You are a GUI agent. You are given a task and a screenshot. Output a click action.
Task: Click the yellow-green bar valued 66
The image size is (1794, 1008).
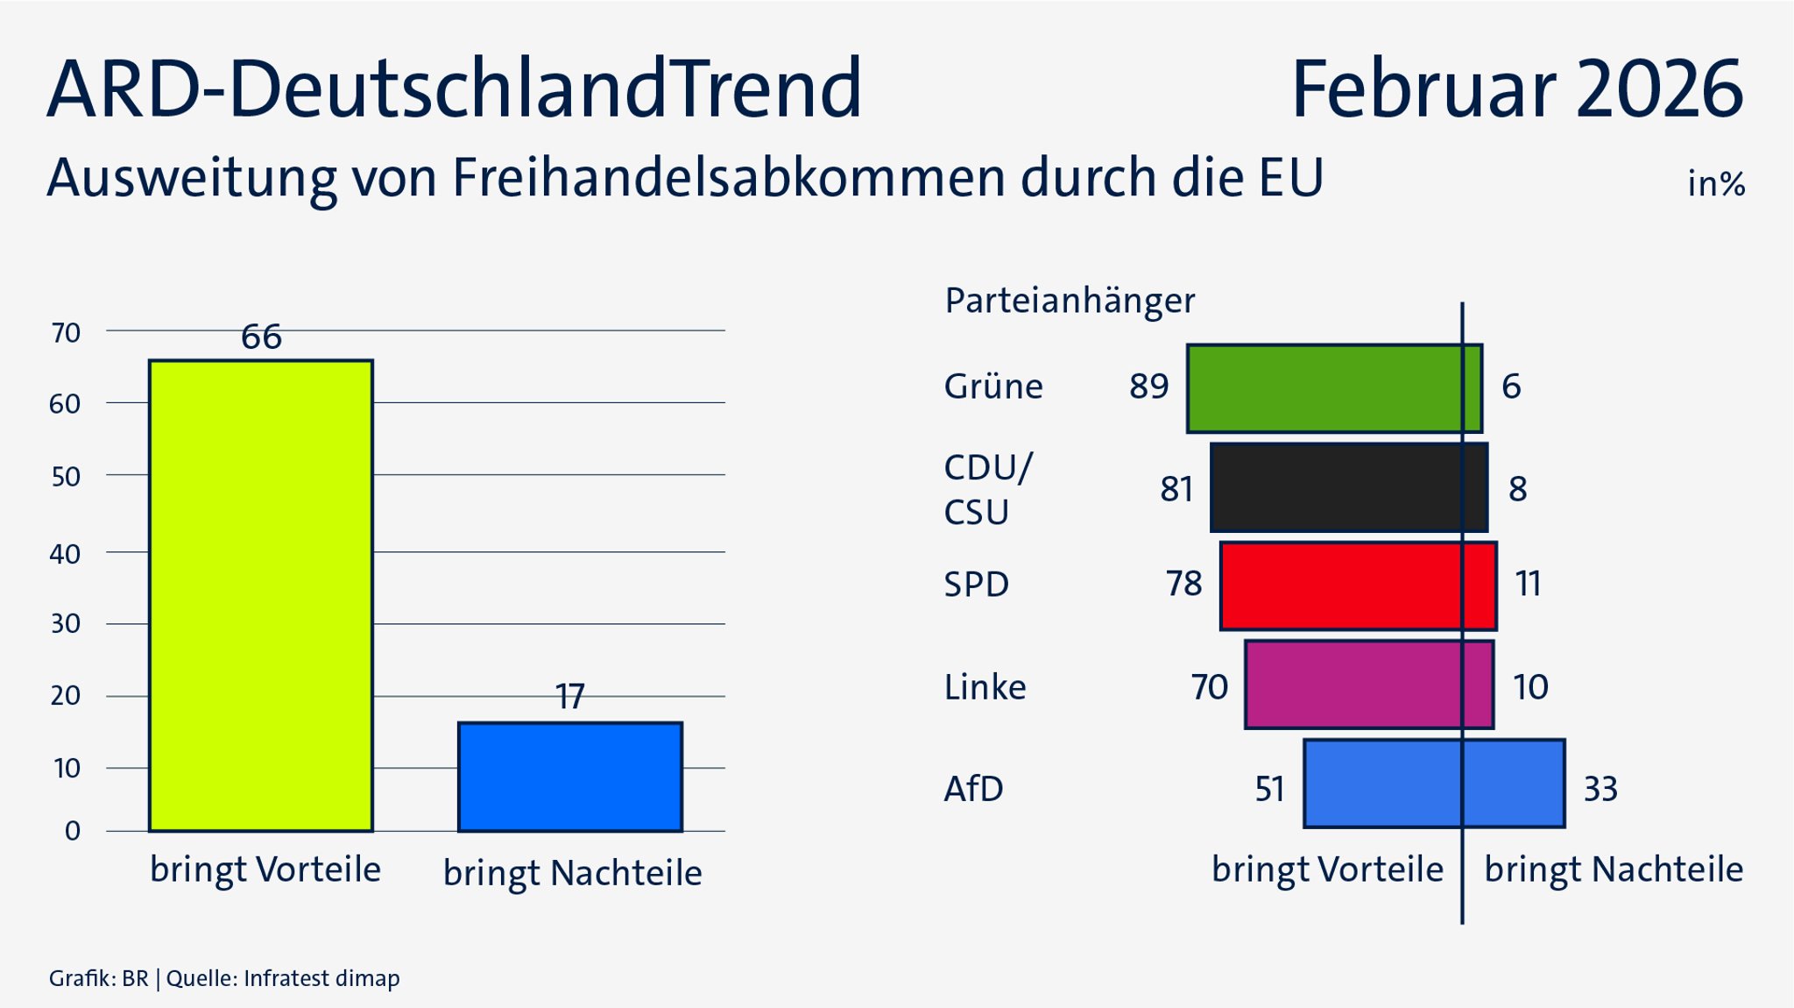[261, 596]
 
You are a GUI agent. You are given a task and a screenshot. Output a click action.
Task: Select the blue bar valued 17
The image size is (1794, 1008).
[570, 777]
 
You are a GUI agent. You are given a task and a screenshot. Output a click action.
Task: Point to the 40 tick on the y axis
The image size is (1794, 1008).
[65, 554]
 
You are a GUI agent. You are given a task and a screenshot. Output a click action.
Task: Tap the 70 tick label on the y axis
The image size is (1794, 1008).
[66, 333]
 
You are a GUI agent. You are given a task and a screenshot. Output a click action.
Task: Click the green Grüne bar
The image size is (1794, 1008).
[1334, 388]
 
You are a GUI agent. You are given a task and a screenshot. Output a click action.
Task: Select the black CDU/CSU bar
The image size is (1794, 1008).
[1349, 487]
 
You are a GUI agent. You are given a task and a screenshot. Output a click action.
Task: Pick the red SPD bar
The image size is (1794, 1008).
[1358, 586]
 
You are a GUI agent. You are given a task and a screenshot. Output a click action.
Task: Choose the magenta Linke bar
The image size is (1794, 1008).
[1368, 685]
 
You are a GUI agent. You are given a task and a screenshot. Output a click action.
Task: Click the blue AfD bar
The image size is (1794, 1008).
[1434, 784]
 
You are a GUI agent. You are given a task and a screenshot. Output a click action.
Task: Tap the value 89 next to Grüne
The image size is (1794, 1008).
[1148, 387]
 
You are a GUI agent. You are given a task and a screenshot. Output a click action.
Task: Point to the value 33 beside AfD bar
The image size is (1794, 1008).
[1600, 789]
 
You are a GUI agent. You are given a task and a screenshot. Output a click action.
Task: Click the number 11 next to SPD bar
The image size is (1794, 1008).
[1528, 584]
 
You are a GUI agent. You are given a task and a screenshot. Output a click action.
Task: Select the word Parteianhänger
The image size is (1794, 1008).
[1069, 302]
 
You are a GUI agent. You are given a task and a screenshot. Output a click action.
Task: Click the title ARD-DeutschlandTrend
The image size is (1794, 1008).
[455, 89]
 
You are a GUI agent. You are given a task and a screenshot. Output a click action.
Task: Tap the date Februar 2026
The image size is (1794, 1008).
[1516, 89]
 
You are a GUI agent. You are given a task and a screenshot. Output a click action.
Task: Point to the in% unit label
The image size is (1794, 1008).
[1715, 184]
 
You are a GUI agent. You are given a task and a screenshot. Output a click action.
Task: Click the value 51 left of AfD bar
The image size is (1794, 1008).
[1269, 789]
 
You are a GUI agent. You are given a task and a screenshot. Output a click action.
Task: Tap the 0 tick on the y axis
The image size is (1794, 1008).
[73, 831]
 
